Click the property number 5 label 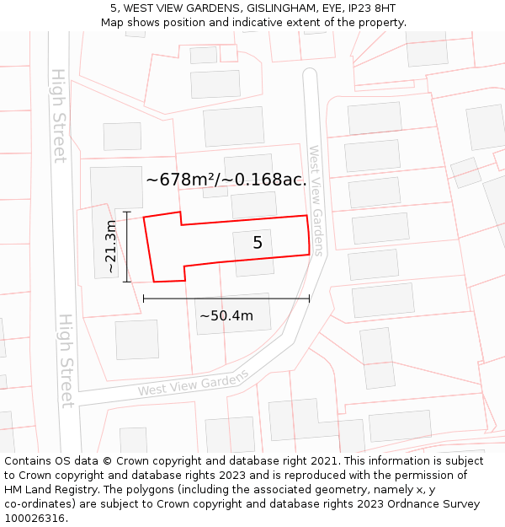(x=258, y=243)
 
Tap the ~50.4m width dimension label (x=226, y=316)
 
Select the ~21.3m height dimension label (x=111, y=246)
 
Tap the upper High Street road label (x=58, y=116)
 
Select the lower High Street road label (x=66, y=361)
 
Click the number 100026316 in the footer (x=35, y=519)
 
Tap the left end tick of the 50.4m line (x=144, y=298)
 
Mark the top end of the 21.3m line (x=126, y=211)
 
